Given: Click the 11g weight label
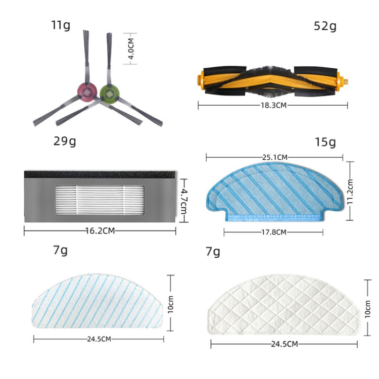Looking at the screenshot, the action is (x=61, y=25).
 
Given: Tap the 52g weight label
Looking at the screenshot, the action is (x=325, y=26).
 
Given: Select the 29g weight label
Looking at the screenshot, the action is (x=65, y=141).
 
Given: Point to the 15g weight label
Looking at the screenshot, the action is (x=325, y=142).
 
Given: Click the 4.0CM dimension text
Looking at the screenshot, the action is (x=131, y=49).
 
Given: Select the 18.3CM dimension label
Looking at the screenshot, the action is (x=273, y=106).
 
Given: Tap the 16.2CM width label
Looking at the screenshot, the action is (x=100, y=231).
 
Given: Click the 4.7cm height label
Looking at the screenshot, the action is (x=184, y=201).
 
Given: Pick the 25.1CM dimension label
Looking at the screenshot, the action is (x=275, y=157).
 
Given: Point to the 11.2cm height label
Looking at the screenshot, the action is (x=350, y=192).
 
